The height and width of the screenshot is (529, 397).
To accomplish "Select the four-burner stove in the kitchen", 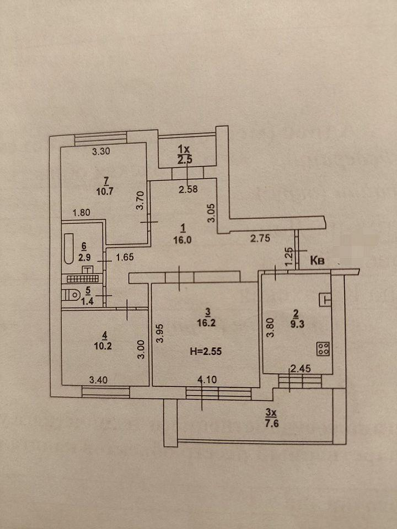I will (x=324, y=348).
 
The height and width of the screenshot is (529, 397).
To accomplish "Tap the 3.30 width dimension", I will (x=102, y=153).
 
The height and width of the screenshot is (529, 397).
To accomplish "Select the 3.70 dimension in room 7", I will (x=140, y=199).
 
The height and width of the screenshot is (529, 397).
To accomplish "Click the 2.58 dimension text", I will (x=188, y=190).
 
